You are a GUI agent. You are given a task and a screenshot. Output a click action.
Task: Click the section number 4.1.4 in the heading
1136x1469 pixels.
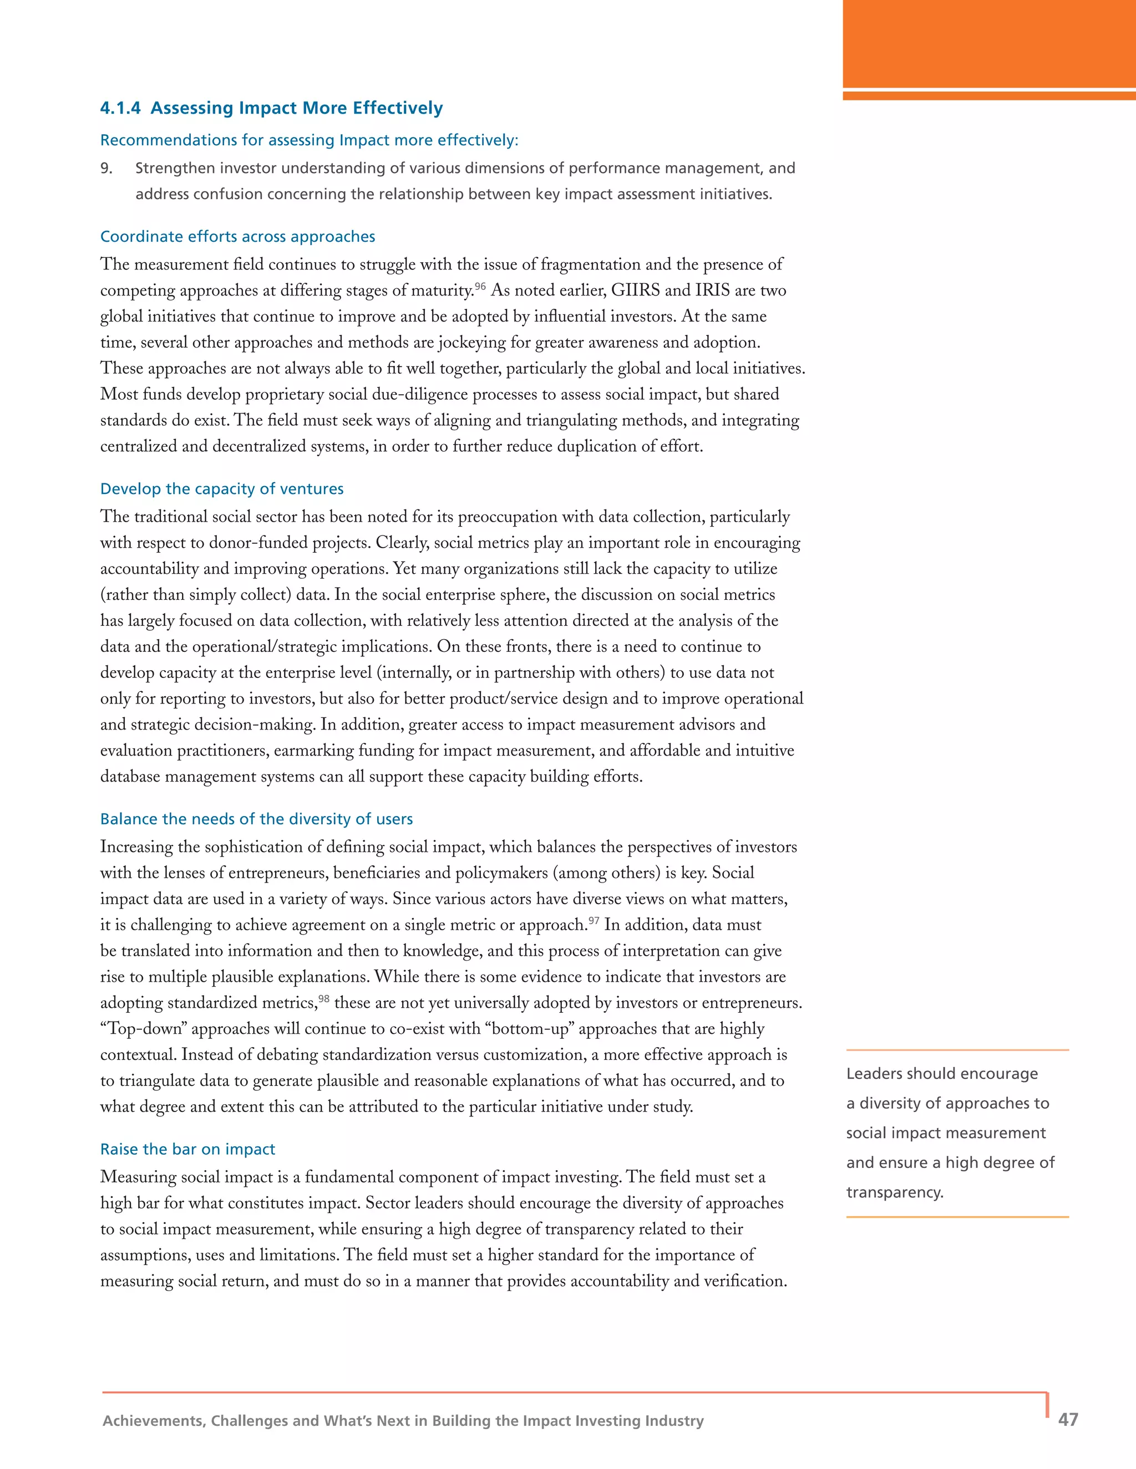click(120, 108)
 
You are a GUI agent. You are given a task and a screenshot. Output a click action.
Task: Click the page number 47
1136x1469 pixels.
click(1068, 1419)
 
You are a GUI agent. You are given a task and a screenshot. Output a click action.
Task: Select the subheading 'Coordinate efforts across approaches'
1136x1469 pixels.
click(237, 237)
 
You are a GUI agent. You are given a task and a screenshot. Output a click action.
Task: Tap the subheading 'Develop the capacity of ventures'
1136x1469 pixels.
click(221, 489)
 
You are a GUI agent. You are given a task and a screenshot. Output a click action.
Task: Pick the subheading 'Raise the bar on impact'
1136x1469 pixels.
click(188, 1149)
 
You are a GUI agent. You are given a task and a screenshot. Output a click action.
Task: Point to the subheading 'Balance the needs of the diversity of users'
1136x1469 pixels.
click(256, 819)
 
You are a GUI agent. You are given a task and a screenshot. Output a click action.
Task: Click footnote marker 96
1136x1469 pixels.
click(480, 287)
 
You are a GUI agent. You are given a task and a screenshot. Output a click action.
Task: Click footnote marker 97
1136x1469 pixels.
click(594, 921)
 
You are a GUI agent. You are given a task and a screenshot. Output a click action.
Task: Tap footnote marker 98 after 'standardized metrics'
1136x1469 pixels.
click(324, 999)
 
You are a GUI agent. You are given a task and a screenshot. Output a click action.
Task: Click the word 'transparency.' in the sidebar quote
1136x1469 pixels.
click(894, 1192)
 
